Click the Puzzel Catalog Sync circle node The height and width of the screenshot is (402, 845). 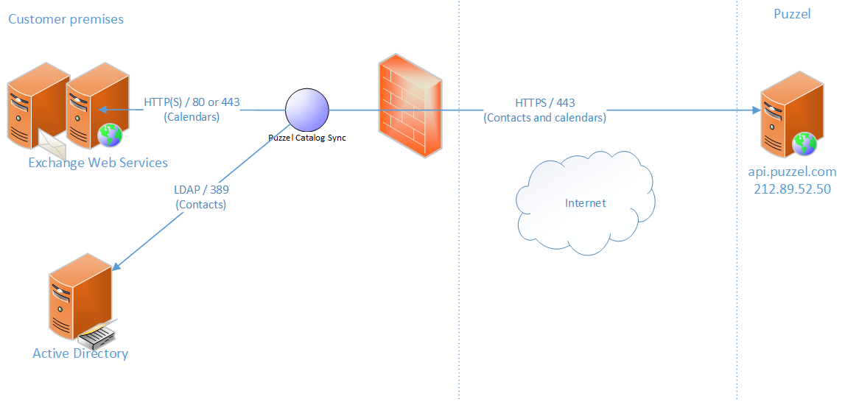click(307, 110)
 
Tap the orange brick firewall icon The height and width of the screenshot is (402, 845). click(410, 107)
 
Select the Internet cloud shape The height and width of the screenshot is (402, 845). click(585, 203)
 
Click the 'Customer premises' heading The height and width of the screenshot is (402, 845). click(66, 18)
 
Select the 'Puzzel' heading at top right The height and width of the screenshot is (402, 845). click(792, 14)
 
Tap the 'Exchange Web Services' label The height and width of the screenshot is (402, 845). click(98, 163)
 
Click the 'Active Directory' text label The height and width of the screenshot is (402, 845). click(80, 353)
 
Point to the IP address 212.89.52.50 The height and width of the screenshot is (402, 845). click(792, 188)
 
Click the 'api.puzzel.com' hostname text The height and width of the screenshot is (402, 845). click(792, 172)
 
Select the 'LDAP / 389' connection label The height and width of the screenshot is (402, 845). click(201, 190)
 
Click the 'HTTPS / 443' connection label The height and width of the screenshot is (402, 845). click(545, 103)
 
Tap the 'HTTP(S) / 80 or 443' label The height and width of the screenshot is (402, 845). click(192, 102)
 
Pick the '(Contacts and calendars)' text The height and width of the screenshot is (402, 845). click(545, 118)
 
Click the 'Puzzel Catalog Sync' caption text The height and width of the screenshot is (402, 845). click(307, 138)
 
